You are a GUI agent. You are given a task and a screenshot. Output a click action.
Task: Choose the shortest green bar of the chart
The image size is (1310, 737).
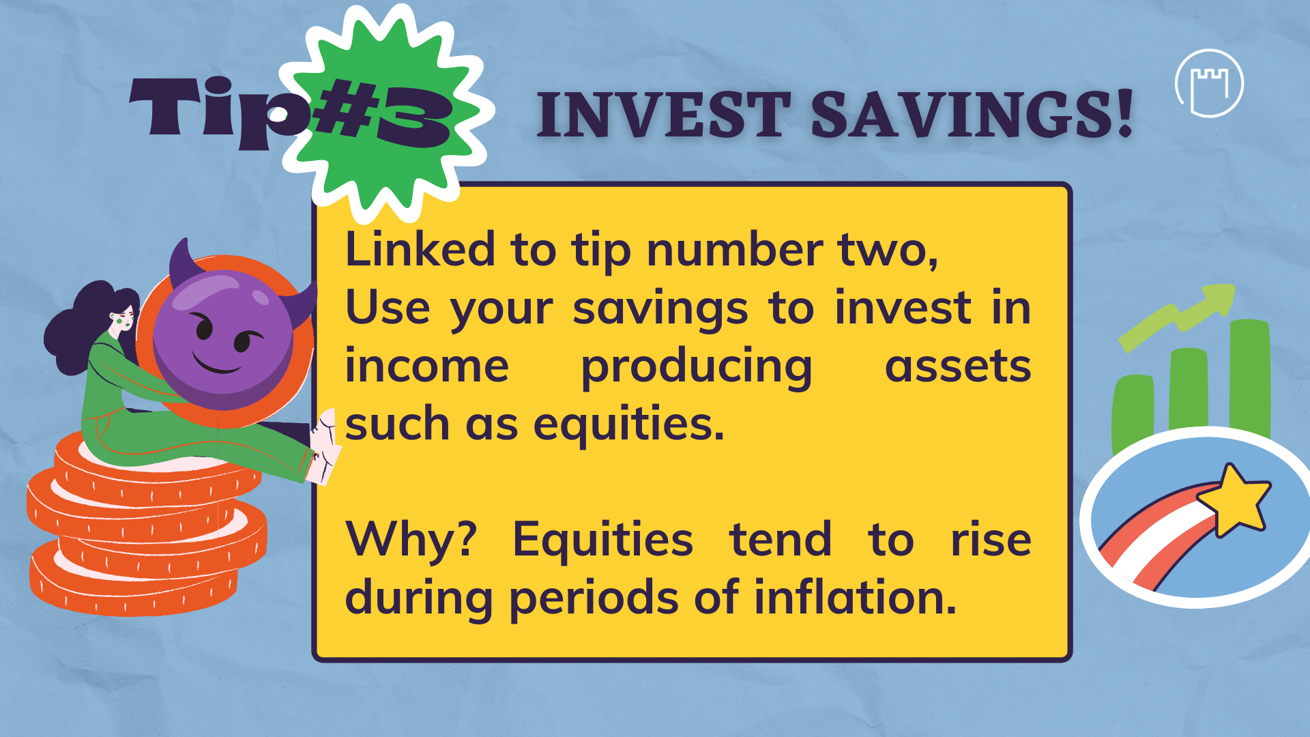click(x=1133, y=412)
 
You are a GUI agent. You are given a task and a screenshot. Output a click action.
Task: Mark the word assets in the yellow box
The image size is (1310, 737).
click(x=958, y=367)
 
